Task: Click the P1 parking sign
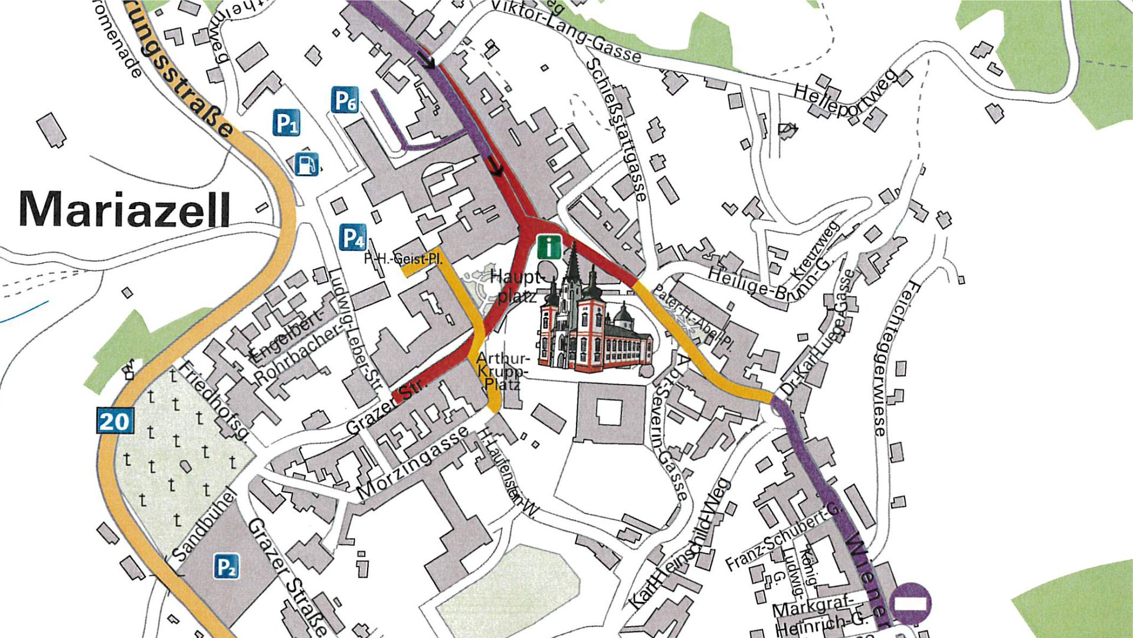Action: [x=286, y=123]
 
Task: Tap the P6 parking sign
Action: [x=345, y=100]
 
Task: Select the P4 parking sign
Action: [x=353, y=238]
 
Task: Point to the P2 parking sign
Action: [x=226, y=566]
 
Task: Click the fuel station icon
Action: [x=306, y=164]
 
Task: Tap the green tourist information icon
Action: [x=549, y=246]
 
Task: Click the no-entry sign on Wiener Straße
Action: [x=911, y=603]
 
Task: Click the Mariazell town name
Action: [x=125, y=209]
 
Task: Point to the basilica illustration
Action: [x=593, y=319]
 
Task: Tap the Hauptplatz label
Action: [x=516, y=286]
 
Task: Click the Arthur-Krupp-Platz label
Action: [x=502, y=371]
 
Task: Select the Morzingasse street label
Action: [x=412, y=463]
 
